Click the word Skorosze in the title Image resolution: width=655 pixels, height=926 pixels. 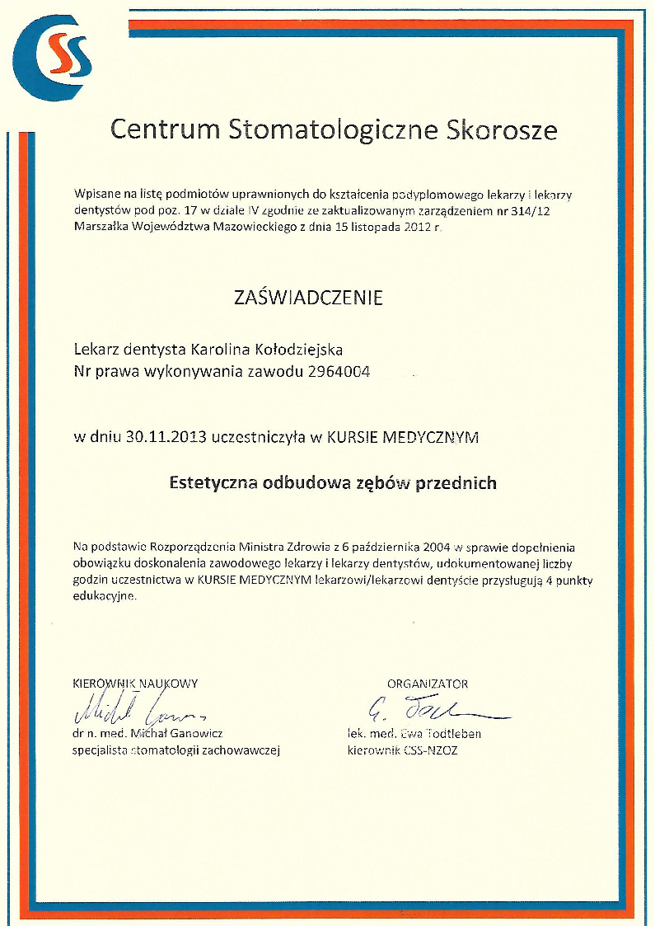click(502, 130)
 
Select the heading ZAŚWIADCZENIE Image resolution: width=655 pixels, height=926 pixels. click(309, 298)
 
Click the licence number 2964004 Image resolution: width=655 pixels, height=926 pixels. click(339, 372)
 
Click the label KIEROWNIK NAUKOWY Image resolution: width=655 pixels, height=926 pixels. click(136, 684)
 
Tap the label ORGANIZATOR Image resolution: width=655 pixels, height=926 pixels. click(428, 684)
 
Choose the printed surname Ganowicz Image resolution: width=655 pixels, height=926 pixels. click(194, 733)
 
